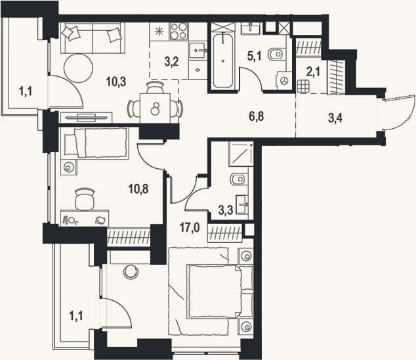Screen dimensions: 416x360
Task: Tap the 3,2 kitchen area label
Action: click(171, 61)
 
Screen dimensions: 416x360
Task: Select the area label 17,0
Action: click(190, 227)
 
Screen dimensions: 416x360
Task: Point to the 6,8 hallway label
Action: click(257, 116)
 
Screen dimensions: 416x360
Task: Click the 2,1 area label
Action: click(313, 72)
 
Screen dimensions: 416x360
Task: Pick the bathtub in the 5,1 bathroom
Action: click(223, 61)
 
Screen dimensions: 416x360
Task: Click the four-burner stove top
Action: click(179, 32)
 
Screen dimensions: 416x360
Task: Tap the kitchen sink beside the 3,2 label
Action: click(198, 51)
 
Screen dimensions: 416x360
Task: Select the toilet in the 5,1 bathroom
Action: click(276, 55)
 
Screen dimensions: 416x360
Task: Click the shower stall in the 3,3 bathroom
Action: click(241, 154)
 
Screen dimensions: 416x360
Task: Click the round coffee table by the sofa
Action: click(79, 68)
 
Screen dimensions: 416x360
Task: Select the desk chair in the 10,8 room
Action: click(85, 199)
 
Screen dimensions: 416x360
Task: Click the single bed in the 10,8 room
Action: click(94, 143)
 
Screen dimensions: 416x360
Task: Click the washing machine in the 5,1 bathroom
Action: click(284, 81)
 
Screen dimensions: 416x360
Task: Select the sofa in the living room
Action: click(93, 38)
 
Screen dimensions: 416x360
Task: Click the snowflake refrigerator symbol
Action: click(159, 32)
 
